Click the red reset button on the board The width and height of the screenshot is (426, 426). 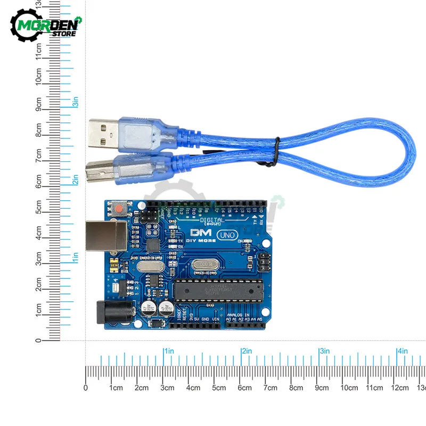pos(118,207)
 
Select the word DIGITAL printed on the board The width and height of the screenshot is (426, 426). pos(212,220)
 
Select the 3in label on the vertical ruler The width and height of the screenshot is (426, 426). pos(76,102)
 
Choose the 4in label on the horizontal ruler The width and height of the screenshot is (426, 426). pos(402,351)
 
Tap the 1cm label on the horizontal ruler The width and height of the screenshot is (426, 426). pos(116,388)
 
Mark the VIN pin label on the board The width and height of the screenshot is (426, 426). pos(215,319)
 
